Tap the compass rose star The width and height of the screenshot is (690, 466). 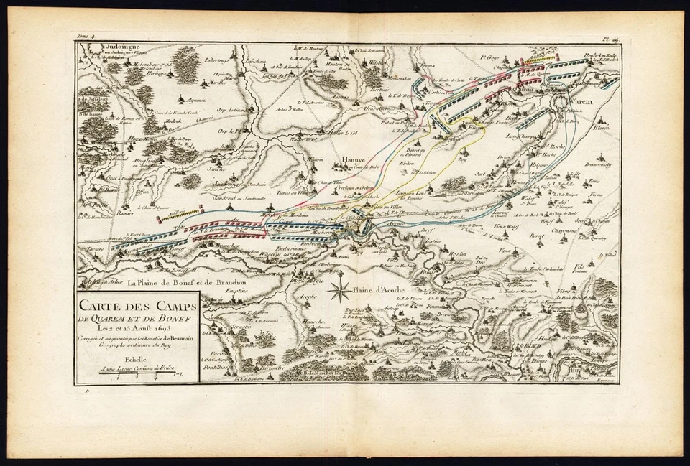[339, 291]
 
